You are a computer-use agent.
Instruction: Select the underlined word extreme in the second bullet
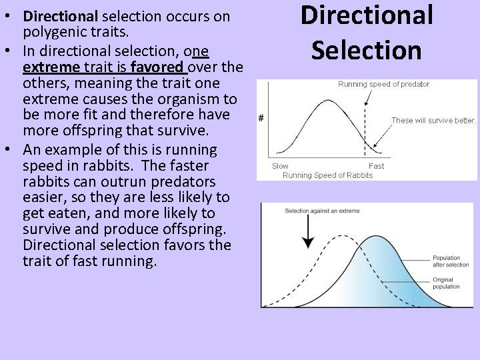click(49, 67)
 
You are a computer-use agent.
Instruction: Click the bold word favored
click(157, 67)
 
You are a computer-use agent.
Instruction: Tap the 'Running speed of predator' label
click(384, 84)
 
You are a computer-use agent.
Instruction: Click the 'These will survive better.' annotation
click(433, 121)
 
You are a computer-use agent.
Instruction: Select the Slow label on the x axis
click(280, 166)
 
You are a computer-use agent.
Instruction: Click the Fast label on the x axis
click(376, 166)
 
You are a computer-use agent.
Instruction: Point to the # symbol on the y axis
click(261, 119)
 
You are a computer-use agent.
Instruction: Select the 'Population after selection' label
click(451, 261)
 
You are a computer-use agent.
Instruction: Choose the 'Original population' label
click(446, 283)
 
